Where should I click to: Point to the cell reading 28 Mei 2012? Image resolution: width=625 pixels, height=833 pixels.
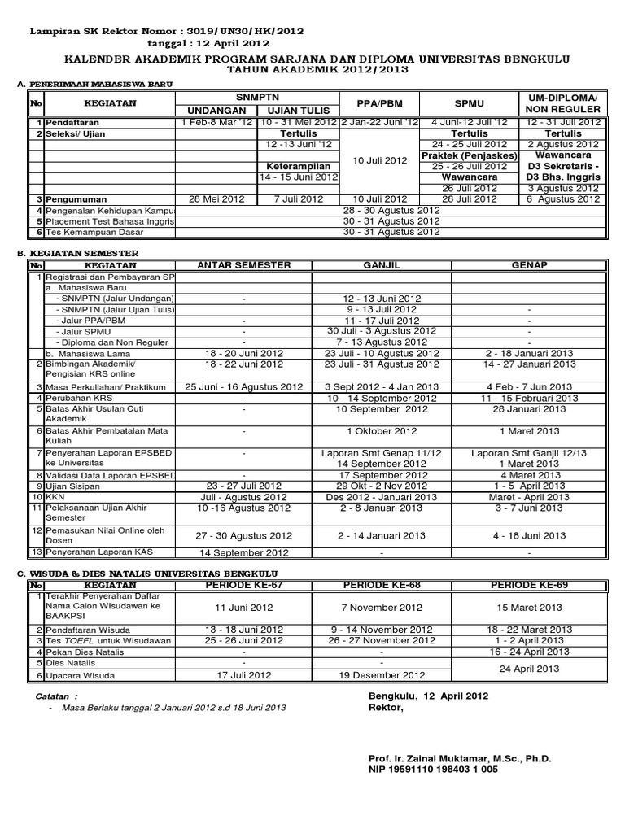[x=216, y=198]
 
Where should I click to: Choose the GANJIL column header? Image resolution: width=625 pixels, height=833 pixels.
[x=382, y=264]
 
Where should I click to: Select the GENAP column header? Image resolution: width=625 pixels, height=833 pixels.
[x=529, y=264]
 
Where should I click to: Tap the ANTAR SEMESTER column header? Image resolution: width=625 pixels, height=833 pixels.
[x=243, y=264]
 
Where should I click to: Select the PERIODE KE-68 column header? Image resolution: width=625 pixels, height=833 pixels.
[x=382, y=584]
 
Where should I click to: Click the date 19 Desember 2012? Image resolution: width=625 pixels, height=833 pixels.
[x=382, y=674]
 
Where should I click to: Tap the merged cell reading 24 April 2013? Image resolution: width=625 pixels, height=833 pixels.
[x=529, y=669]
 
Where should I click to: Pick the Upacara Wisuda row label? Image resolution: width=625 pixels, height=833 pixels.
[x=80, y=674]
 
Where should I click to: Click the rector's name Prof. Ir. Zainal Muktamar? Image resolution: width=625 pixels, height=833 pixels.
[x=460, y=758]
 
